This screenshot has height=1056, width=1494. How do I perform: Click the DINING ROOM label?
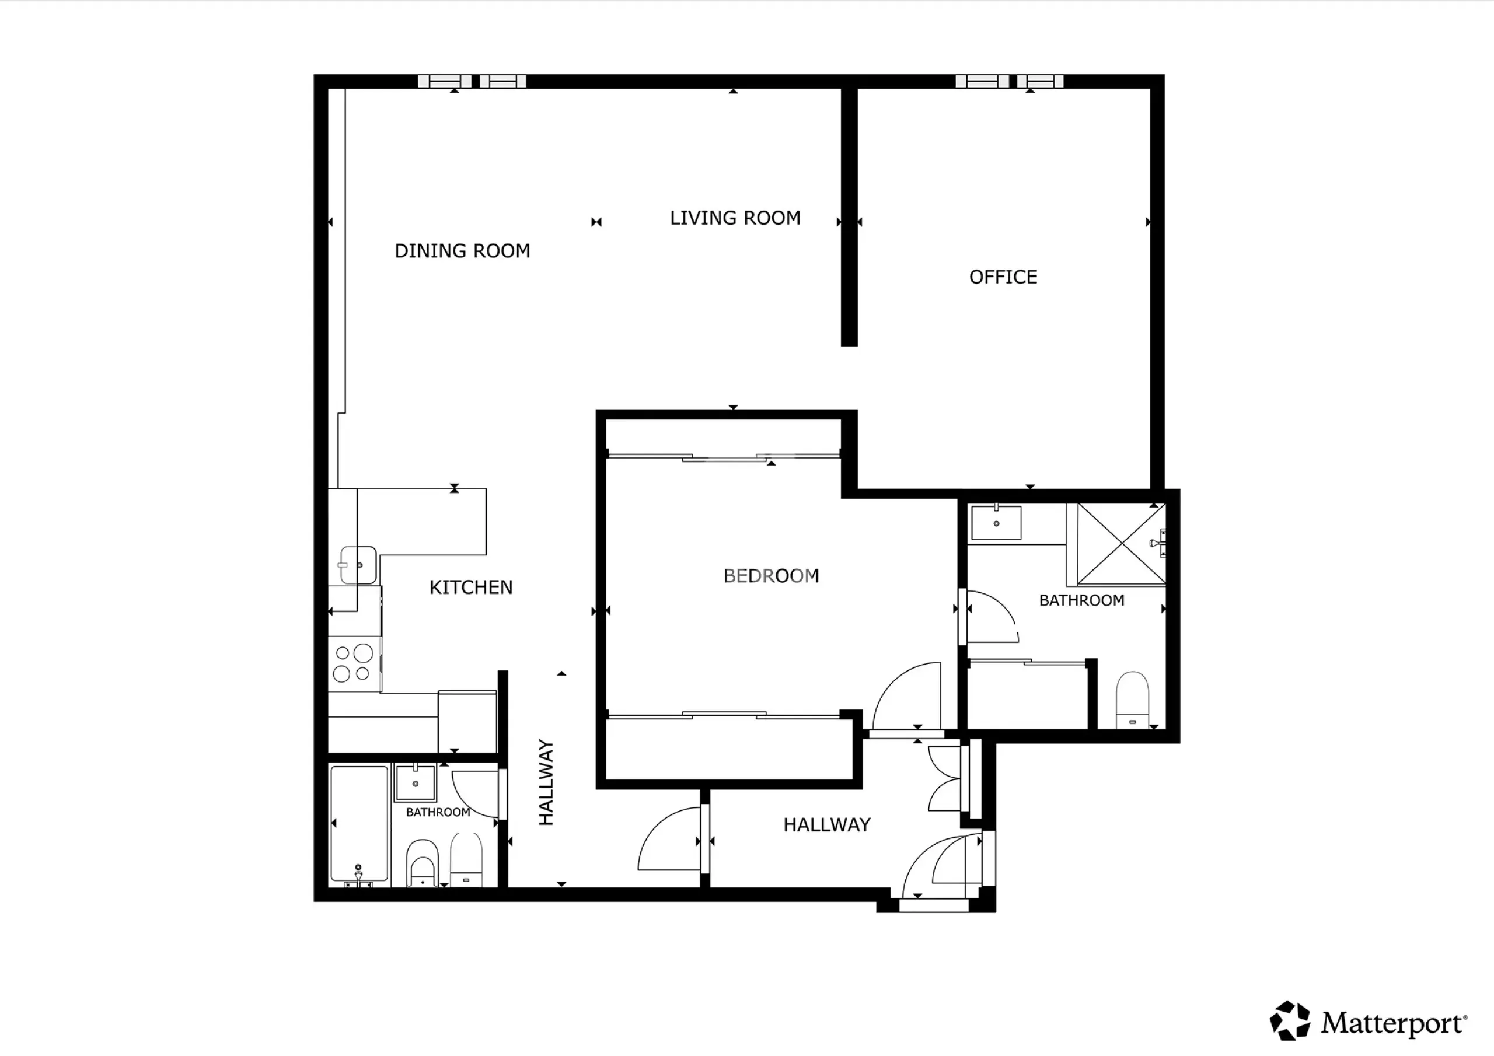462,251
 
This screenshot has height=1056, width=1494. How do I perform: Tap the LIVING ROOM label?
735,218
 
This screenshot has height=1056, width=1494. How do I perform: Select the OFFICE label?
1003,277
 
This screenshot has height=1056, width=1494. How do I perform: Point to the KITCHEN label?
471,588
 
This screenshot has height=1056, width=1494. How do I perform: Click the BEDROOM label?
771,576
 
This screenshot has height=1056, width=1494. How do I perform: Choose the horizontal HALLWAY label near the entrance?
826,825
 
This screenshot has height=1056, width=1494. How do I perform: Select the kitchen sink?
358,565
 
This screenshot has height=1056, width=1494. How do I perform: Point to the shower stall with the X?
1121,544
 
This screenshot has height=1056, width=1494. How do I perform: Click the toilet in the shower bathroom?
1132,700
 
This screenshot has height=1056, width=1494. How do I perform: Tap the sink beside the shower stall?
996,523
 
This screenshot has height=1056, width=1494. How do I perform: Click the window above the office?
1009,81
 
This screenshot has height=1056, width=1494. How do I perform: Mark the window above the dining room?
472,81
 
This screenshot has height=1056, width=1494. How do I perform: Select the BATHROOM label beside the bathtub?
438,812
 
